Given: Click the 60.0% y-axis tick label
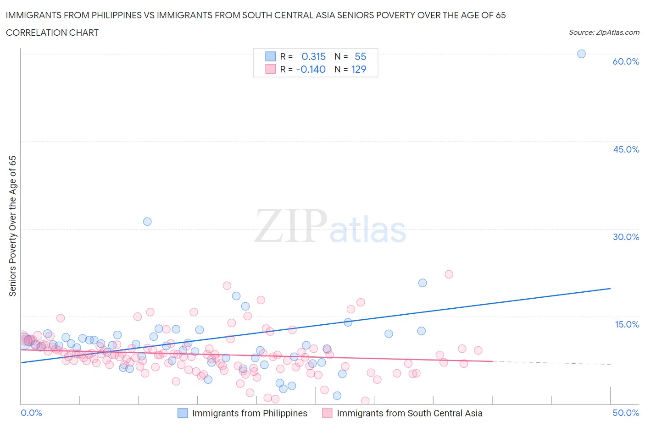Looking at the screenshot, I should pyautogui.click(x=626, y=61).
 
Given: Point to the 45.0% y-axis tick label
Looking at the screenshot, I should pyautogui.click(x=626, y=149).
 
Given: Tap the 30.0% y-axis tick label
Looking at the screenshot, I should pyautogui.click(x=626, y=237).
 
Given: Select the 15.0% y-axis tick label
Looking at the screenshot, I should pyautogui.click(x=627, y=324).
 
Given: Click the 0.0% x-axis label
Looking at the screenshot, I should pyautogui.click(x=31, y=413).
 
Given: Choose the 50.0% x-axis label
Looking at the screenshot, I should pyautogui.click(x=626, y=413).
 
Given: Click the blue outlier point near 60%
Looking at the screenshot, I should pyautogui.click(x=581, y=54).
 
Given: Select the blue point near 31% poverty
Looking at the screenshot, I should pyautogui.click(x=147, y=221).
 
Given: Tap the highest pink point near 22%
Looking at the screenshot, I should pyautogui.click(x=449, y=274).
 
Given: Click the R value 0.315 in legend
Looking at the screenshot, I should pyautogui.click(x=313, y=56).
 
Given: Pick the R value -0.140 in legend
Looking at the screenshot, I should pyautogui.click(x=311, y=69).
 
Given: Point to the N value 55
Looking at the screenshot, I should pyautogui.click(x=360, y=56).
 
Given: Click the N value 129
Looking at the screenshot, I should pyautogui.click(x=358, y=69).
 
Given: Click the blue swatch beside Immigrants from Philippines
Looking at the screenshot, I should pyautogui.click(x=183, y=413).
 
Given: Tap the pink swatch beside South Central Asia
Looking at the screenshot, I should pyautogui.click(x=327, y=413).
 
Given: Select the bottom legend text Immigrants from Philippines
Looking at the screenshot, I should pyautogui.click(x=250, y=413).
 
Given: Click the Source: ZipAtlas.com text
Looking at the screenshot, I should pyautogui.click(x=604, y=32).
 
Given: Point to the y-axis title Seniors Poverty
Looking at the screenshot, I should pyautogui.click(x=13, y=226).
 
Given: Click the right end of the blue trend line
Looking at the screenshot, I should pyautogui.click(x=610, y=289).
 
